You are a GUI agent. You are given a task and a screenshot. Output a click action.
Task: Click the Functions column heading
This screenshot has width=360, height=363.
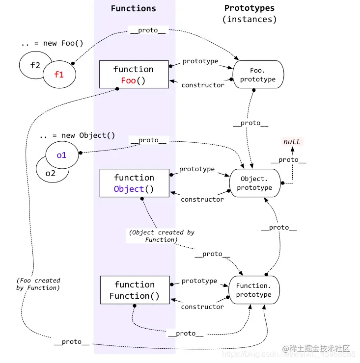133,8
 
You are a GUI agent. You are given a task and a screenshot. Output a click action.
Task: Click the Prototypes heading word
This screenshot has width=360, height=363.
249,8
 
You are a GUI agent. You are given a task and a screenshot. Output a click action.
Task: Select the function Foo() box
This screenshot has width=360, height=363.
134,75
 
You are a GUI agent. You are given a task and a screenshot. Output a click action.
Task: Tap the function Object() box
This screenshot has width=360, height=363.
134,183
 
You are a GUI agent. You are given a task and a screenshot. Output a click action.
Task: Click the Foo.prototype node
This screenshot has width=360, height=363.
258,75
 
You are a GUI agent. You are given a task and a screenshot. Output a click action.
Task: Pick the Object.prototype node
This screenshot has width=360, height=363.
254,183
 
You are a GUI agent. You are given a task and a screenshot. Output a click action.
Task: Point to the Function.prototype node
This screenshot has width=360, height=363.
253,290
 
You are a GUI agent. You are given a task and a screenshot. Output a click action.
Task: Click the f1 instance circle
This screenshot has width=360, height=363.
59,75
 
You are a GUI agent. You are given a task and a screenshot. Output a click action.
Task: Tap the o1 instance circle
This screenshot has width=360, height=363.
61,155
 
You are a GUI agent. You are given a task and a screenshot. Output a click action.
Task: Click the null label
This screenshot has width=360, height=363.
291,142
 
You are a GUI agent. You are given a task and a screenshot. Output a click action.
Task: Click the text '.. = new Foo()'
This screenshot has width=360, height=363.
52,43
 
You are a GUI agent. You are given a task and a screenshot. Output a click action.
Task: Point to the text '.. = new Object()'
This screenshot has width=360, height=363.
77,135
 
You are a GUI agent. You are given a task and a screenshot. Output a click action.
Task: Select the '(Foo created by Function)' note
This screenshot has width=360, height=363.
38,284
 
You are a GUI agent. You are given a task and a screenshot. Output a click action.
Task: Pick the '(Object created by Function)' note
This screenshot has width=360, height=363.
162,236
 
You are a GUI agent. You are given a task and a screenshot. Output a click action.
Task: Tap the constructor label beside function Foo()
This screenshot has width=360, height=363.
203,85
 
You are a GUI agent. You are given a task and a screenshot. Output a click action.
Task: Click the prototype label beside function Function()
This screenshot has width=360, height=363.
199,281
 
